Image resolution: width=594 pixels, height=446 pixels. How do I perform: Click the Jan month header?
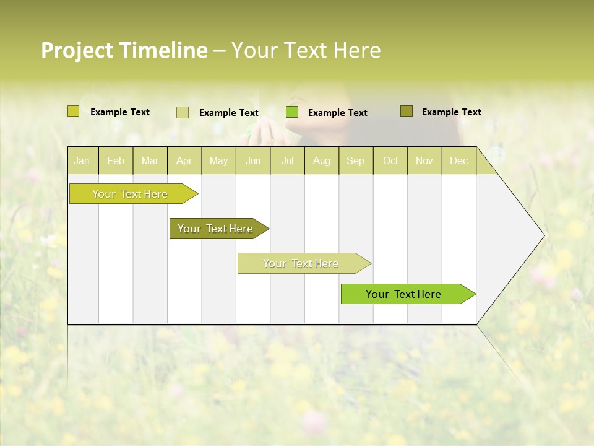(x=82, y=160)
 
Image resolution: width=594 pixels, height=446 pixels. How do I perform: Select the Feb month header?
(x=116, y=160)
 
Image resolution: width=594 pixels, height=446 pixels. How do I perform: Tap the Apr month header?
(x=184, y=160)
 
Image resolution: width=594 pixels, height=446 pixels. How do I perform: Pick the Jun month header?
(x=253, y=160)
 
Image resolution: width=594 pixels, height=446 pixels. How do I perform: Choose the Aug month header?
(x=321, y=160)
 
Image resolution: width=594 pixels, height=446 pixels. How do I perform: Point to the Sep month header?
(x=355, y=160)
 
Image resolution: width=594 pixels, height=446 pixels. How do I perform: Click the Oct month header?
(x=390, y=160)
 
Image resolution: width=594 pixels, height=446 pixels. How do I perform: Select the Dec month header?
(x=458, y=160)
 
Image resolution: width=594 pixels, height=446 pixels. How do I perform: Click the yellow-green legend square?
(x=73, y=111)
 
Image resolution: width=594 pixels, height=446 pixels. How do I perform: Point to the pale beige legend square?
(x=183, y=112)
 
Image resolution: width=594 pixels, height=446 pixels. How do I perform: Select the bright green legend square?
(x=292, y=112)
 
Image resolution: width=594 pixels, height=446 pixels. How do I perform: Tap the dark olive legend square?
(x=406, y=111)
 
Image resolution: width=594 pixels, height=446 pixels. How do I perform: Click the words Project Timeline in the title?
(x=124, y=50)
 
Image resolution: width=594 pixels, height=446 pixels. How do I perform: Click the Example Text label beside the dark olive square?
(x=451, y=112)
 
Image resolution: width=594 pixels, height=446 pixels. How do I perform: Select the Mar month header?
(x=150, y=160)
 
